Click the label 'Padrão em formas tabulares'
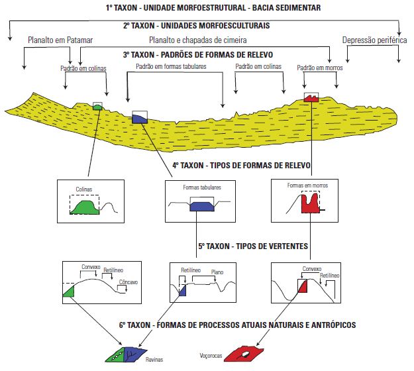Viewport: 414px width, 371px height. pos(171,67)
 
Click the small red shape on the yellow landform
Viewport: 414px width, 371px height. pos(311,98)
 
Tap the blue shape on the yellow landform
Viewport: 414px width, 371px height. pos(140,117)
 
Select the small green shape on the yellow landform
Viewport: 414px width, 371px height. pos(98,106)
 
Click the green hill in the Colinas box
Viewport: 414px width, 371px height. pos(85,208)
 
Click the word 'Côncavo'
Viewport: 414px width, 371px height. pos(128,282)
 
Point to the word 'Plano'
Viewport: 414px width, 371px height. pos(217,272)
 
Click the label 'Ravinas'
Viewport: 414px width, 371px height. pos(154,360)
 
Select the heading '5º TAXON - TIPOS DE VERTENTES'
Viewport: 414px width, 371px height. pos(252,246)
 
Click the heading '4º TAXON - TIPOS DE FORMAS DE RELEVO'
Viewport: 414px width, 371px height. pos(242,165)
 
